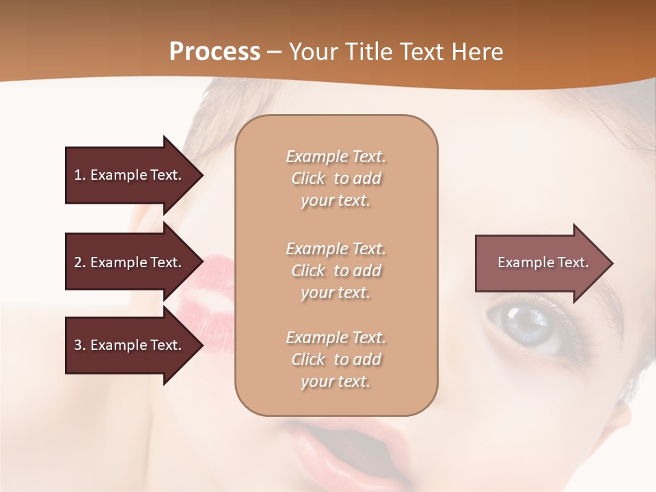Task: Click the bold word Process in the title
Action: [x=215, y=52]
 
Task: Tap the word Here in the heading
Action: [x=477, y=52]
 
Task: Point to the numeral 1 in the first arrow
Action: [x=78, y=175]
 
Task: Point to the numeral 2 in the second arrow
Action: [x=78, y=262]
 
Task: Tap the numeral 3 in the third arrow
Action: [x=78, y=345]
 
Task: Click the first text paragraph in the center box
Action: [x=336, y=178]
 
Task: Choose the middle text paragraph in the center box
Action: [x=336, y=271]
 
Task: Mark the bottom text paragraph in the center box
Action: [x=336, y=359]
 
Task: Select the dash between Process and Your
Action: [x=274, y=52]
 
